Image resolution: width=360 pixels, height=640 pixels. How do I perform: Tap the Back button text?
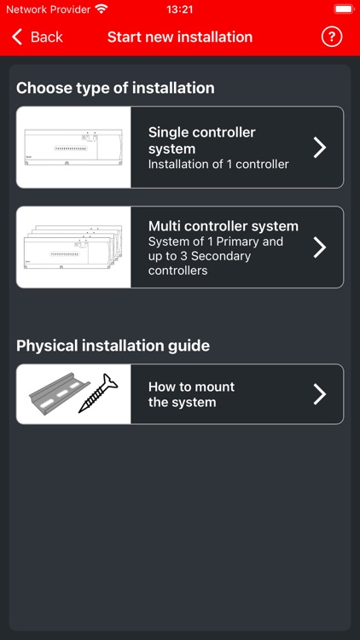[x=46, y=37]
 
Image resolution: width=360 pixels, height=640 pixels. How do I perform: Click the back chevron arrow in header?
[x=17, y=37]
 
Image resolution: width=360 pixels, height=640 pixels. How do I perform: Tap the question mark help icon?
[x=331, y=37]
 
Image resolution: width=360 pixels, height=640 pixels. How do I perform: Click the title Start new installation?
[x=180, y=37]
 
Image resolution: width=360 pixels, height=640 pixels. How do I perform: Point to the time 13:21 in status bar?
[x=180, y=9]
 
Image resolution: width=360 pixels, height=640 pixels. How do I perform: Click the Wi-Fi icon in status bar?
[x=102, y=9]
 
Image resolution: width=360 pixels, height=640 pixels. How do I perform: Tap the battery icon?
[x=343, y=9]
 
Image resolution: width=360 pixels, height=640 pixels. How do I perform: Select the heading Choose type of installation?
[x=115, y=88]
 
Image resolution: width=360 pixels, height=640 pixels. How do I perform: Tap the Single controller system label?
[x=201, y=140]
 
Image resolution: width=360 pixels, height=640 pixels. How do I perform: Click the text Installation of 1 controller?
[x=218, y=164]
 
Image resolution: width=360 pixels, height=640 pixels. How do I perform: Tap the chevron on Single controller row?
[x=320, y=147]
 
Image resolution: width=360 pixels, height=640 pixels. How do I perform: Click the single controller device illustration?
[x=73, y=147]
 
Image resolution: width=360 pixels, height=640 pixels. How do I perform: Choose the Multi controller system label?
[x=224, y=226]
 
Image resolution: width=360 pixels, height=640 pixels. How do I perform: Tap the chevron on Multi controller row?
[x=320, y=247]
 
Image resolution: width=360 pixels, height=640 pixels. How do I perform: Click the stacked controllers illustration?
[x=73, y=247]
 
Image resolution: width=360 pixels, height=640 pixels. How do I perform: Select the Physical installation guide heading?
[x=113, y=346]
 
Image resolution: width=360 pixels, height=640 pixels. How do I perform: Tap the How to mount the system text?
[x=191, y=394]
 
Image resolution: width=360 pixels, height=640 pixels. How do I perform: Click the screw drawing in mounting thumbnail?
[x=98, y=394]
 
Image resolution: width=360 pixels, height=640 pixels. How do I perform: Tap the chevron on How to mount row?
[x=320, y=393]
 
